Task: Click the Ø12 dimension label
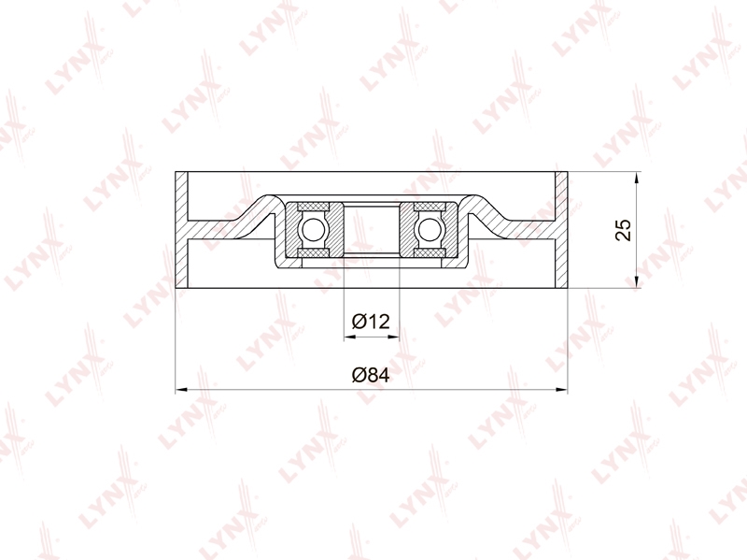pyautogui.click(x=371, y=321)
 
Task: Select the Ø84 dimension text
pyautogui.click(x=371, y=375)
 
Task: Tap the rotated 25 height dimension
pyautogui.click(x=623, y=230)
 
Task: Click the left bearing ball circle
pyautogui.click(x=312, y=230)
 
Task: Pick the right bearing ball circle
pyautogui.click(x=430, y=230)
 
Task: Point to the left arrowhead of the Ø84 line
pyautogui.click(x=181, y=390)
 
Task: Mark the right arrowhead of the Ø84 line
pyautogui.click(x=562, y=390)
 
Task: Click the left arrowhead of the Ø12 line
pyautogui.click(x=349, y=337)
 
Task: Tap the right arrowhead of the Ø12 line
pyautogui.click(x=393, y=337)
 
